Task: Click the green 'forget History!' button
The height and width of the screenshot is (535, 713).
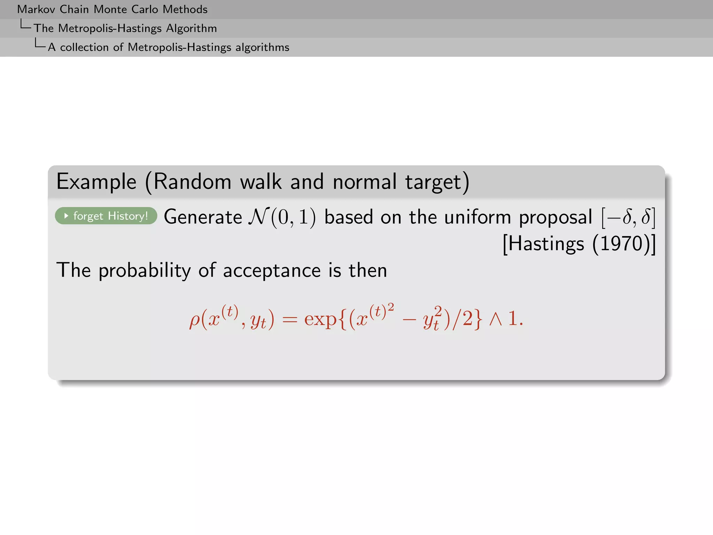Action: [x=106, y=216]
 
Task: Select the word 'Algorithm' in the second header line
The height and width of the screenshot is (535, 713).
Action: [x=191, y=28]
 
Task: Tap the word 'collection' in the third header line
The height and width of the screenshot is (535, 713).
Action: [x=84, y=47]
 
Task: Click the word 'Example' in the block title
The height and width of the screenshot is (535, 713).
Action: [x=96, y=182]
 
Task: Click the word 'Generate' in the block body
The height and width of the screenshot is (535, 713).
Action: [x=203, y=217]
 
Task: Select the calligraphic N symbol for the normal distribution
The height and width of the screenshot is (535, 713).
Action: [x=258, y=217]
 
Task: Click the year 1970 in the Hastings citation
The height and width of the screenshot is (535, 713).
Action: [x=622, y=243]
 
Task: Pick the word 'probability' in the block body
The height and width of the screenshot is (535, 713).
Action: [x=144, y=271]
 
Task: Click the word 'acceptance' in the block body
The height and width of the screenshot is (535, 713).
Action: [x=272, y=271]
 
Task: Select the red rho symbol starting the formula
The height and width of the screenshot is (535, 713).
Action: [x=195, y=319]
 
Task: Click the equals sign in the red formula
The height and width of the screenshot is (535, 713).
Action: [x=290, y=319]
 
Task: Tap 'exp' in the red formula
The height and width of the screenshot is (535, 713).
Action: [x=320, y=319]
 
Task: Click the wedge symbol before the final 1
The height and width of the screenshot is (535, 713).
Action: [x=495, y=319]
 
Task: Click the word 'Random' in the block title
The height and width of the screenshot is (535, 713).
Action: [x=192, y=182]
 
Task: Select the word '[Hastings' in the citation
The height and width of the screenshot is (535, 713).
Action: [x=543, y=243]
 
